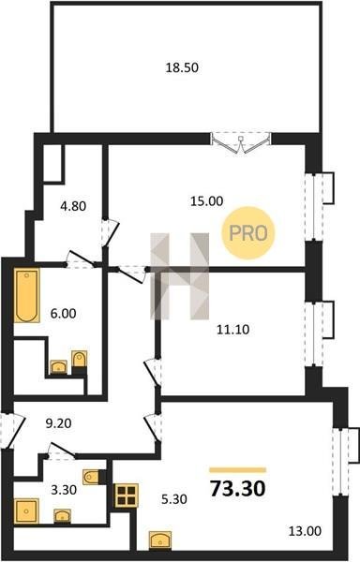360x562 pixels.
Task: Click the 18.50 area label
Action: (182, 67)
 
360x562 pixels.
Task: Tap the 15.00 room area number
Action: (206, 201)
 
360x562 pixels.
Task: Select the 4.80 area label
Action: (73, 206)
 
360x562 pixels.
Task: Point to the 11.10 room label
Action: (233, 329)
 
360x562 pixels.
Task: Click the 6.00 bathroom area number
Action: (63, 313)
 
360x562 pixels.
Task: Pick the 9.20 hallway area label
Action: (58, 423)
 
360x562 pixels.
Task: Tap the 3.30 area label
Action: (64, 490)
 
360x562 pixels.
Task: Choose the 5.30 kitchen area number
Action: (173, 499)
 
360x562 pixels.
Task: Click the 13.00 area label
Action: (305, 531)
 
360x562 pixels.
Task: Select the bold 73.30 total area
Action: (238, 489)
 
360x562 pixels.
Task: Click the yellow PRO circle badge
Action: (248, 233)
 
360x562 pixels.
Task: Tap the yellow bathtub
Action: (27, 295)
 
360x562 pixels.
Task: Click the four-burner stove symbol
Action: (127, 495)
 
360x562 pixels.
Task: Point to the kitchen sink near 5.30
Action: (160, 540)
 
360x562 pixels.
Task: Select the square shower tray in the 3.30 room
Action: (26, 511)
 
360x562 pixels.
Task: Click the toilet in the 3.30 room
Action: (92, 477)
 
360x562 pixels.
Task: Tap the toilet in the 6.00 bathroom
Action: (80, 359)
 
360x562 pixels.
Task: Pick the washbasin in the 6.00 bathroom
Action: (58, 367)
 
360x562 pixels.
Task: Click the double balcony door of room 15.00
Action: (241, 143)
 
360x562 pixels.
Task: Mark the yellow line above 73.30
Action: (238, 470)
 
